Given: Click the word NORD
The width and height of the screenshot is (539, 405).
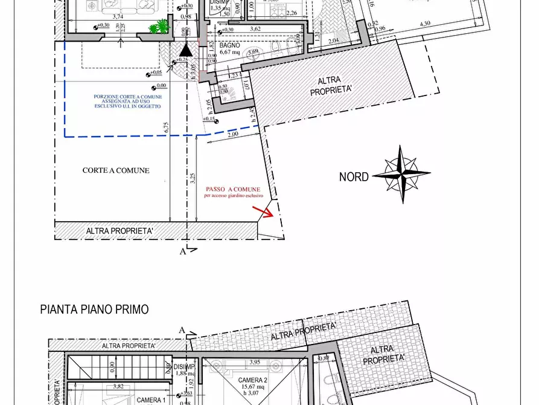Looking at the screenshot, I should [354, 177].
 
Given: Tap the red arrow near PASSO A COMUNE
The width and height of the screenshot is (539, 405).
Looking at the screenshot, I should [261, 211].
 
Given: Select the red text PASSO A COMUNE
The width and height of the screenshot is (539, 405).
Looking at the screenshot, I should [233, 189].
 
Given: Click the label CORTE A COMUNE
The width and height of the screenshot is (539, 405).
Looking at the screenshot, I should [116, 170].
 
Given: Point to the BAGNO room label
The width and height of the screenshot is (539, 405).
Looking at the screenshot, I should [230, 45].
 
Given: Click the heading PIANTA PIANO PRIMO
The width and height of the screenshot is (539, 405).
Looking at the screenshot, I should [94, 309].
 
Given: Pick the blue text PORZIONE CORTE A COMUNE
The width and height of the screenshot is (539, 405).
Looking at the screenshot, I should [127, 96].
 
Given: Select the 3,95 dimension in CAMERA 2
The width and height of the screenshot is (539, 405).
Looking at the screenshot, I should [237, 362].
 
